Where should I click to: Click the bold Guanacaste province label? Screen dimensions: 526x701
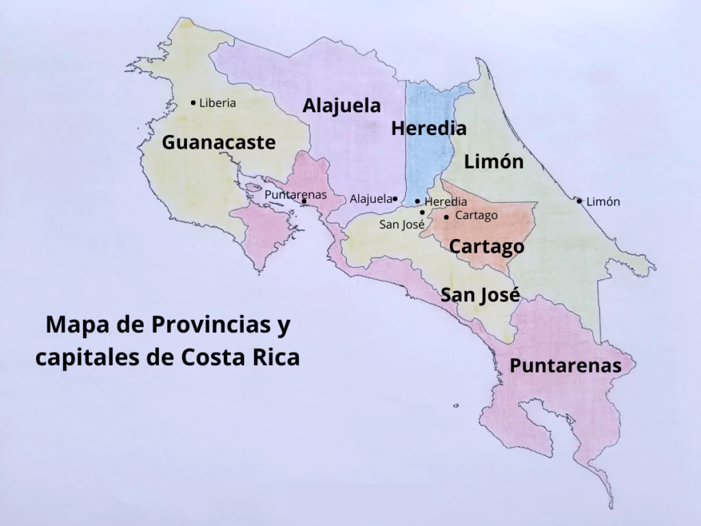(218, 142)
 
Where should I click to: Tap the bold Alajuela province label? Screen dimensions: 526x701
(342, 106)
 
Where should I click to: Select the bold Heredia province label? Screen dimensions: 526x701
(429, 128)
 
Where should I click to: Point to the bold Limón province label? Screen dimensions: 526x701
(494, 162)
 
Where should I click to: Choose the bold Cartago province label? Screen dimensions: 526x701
(487, 247)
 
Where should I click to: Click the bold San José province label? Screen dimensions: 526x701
(480, 295)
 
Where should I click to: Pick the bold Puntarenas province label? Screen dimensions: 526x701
(565, 366)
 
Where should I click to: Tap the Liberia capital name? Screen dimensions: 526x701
(218, 103)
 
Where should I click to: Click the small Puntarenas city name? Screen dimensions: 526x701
(296, 195)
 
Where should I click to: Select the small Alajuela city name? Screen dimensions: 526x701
(371, 199)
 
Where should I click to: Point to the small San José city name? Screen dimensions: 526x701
(402, 224)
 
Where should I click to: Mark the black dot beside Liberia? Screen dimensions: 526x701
(193, 103)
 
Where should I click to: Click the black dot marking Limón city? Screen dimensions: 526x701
(579, 201)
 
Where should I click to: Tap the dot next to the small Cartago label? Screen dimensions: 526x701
(446, 217)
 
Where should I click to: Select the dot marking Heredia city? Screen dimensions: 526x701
(418, 201)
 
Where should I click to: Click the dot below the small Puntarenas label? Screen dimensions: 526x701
(304, 201)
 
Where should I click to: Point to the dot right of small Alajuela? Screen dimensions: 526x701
(395, 199)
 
